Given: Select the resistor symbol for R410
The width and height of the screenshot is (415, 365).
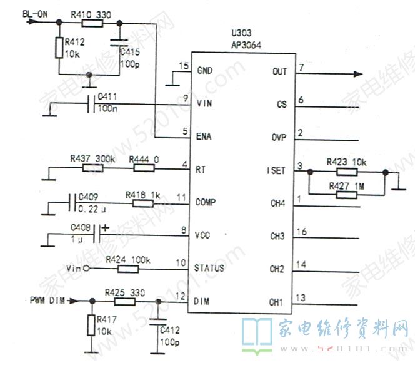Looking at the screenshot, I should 92,23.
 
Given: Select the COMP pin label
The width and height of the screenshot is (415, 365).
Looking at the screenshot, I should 207,203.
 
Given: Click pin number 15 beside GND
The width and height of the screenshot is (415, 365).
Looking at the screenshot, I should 183,66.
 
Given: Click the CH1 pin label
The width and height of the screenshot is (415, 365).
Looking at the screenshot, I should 277,302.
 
